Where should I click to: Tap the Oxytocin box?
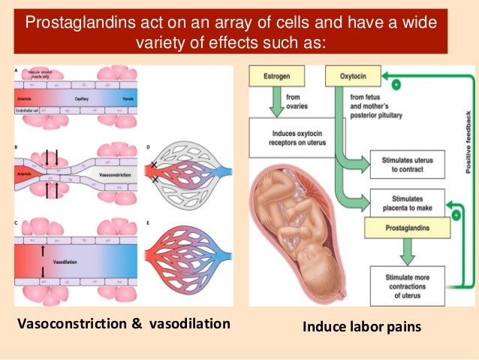[351, 76]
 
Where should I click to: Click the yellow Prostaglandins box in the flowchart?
[402, 226]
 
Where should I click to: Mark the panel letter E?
[149, 223]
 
